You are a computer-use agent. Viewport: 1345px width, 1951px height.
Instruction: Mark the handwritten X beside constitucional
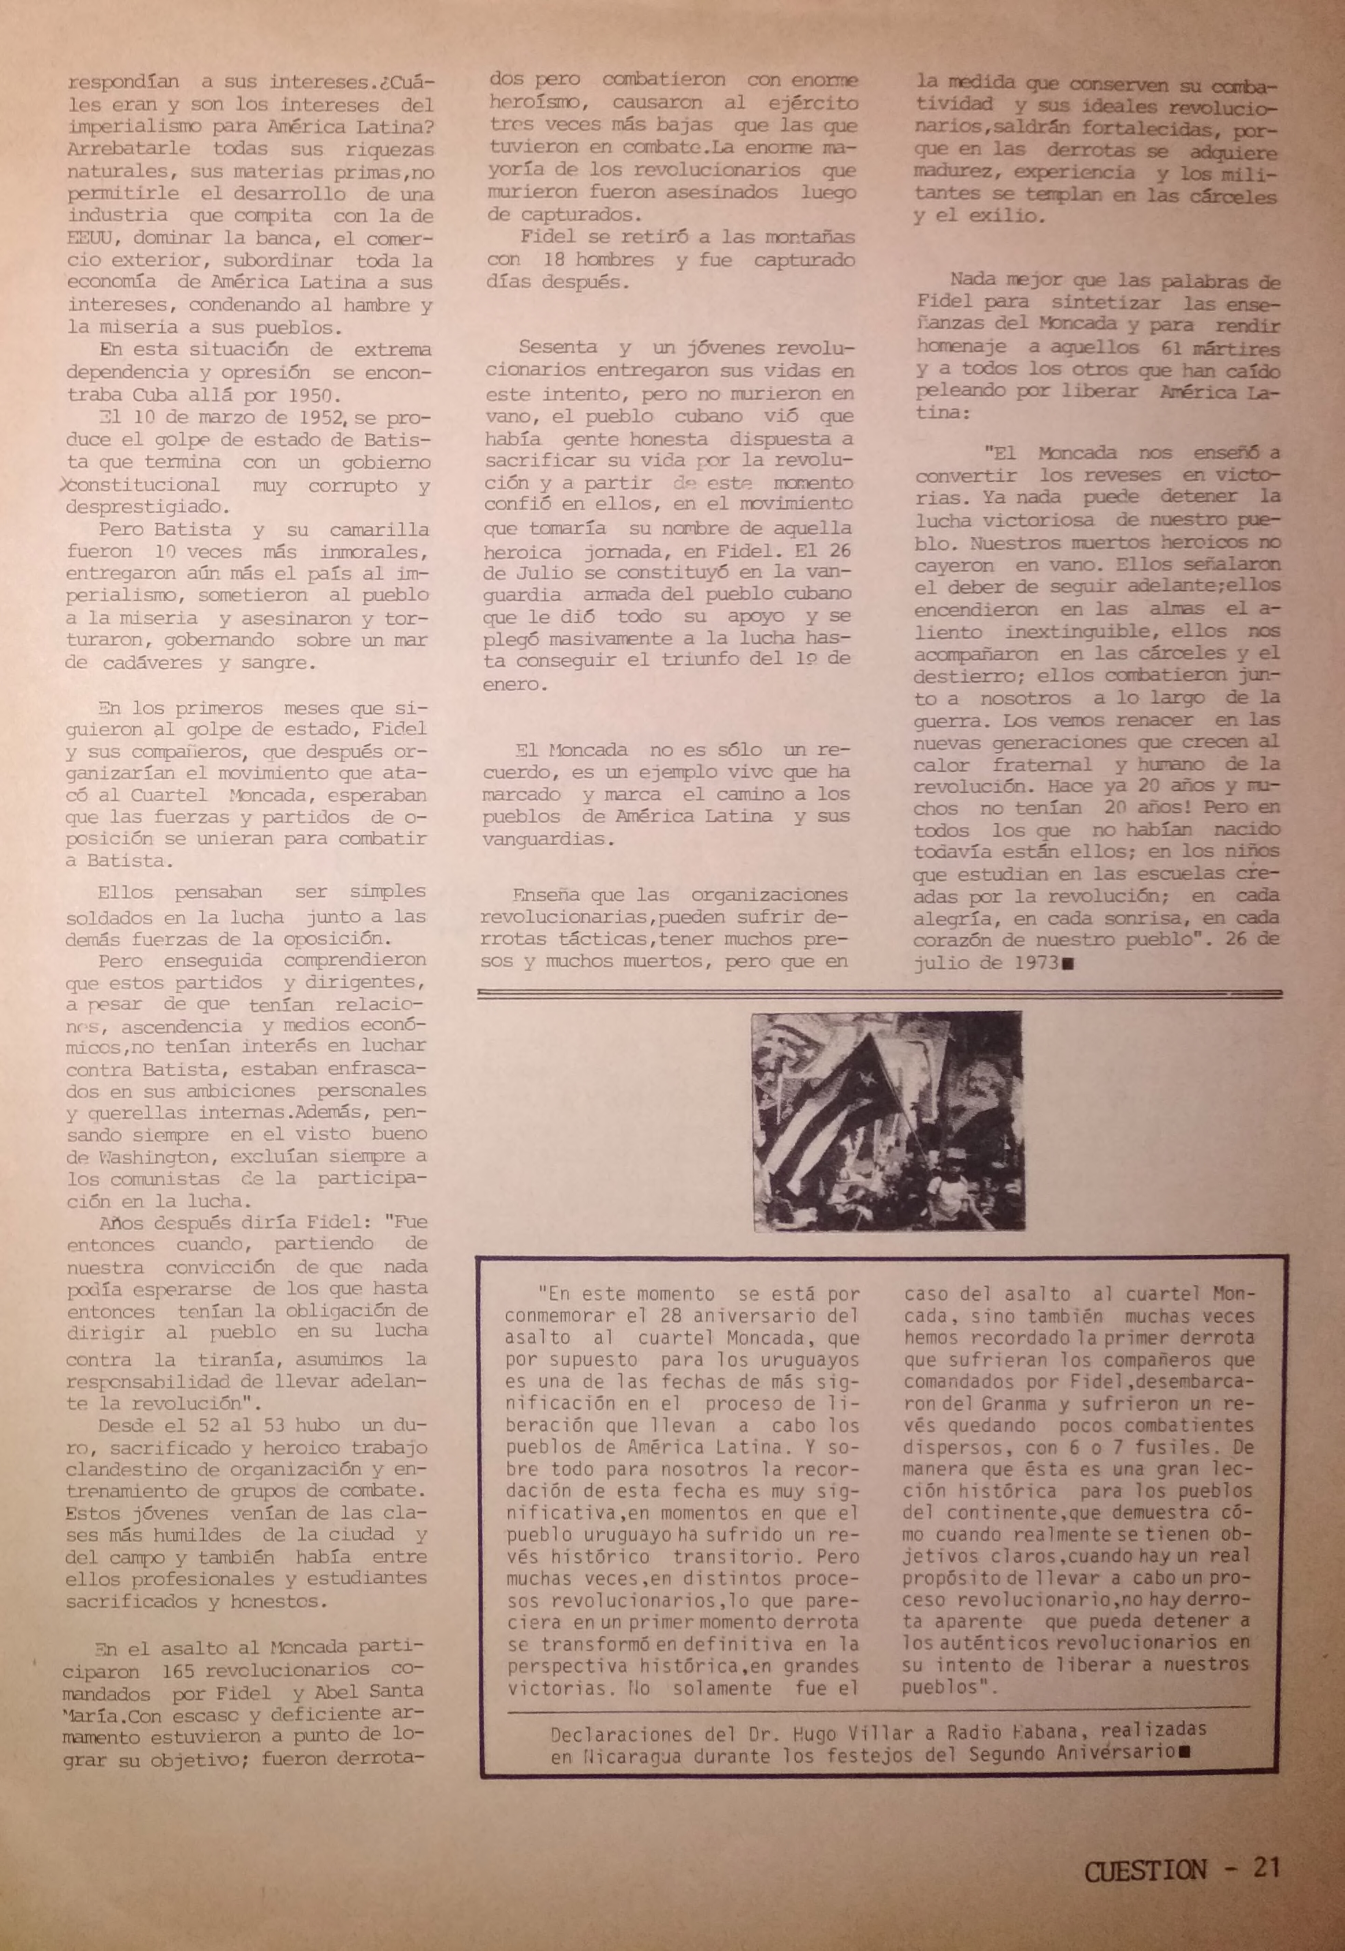pos(67,486)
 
